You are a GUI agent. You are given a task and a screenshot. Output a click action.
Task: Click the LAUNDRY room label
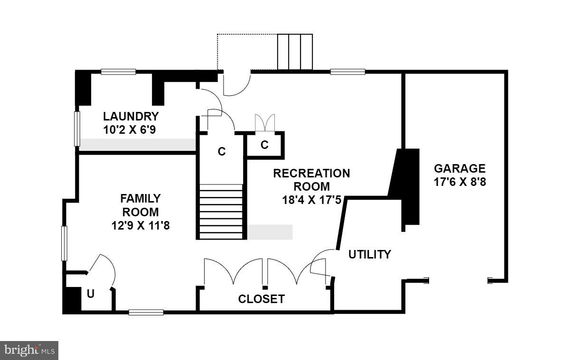click(x=131, y=116)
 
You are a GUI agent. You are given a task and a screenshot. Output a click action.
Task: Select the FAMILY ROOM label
click(x=140, y=205)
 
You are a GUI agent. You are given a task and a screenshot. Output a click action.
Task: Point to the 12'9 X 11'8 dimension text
click(x=140, y=226)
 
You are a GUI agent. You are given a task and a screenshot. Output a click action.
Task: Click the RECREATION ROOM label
click(x=311, y=180)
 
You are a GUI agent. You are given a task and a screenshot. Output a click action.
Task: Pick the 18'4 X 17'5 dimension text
click(x=311, y=200)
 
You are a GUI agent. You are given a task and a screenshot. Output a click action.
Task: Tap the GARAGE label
click(x=459, y=168)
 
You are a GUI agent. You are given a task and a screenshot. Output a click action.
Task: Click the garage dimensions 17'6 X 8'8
click(x=459, y=182)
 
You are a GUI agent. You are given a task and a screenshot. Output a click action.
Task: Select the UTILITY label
click(x=370, y=254)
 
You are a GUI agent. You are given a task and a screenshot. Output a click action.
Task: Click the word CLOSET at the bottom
click(x=262, y=299)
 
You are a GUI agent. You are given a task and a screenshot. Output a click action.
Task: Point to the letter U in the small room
click(x=91, y=294)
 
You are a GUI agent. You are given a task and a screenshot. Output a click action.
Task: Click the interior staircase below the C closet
click(x=221, y=212)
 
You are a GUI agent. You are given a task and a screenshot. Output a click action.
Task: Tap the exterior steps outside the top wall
click(x=295, y=52)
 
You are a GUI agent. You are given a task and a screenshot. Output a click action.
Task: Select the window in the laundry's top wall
click(x=118, y=72)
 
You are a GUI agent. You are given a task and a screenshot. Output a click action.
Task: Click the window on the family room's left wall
click(x=64, y=243)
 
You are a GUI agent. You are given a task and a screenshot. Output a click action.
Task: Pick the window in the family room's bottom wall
click(x=146, y=312)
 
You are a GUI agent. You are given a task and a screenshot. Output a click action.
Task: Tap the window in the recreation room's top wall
click(x=347, y=72)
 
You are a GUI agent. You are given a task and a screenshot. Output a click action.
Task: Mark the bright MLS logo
click(x=29, y=351)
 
